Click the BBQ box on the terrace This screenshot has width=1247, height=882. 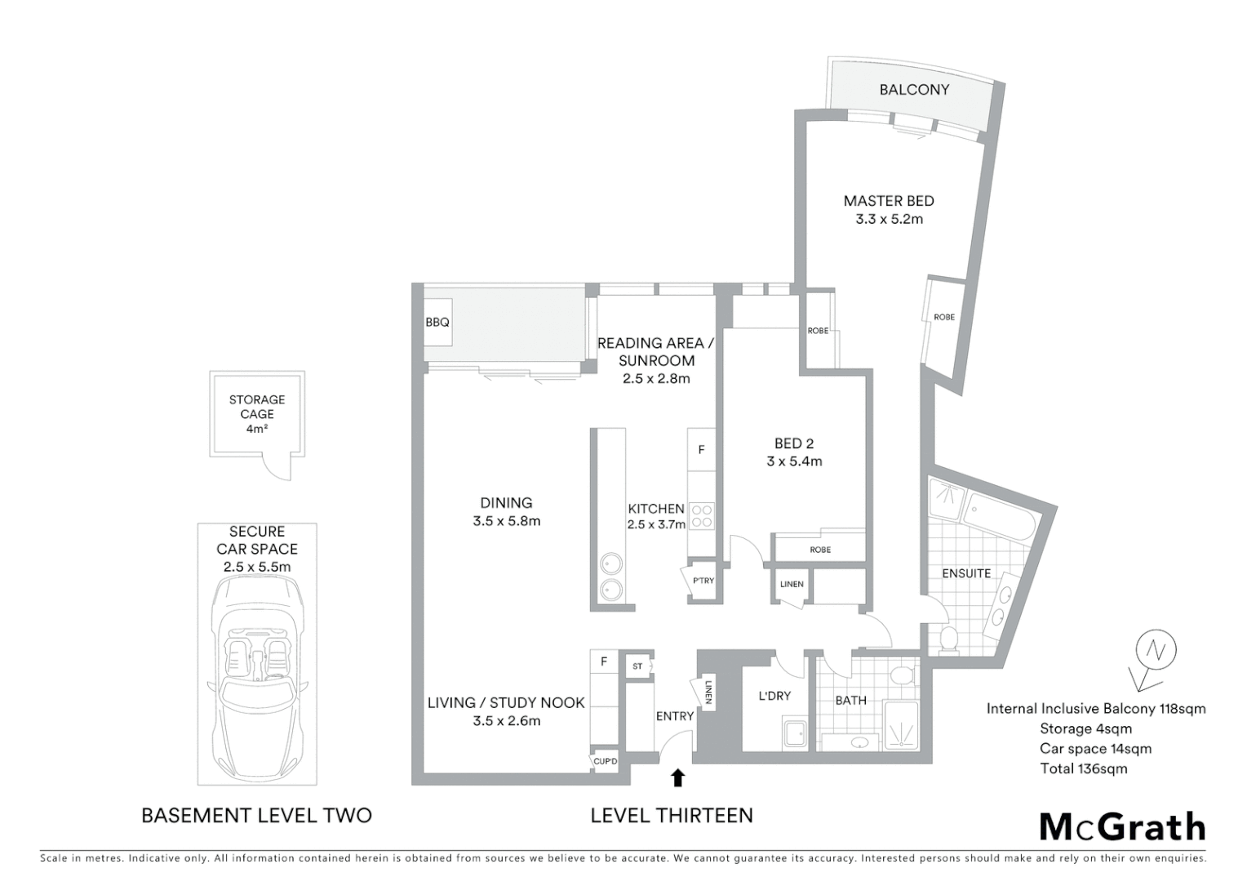click(437, 322)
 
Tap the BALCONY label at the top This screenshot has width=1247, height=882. click(914, 90)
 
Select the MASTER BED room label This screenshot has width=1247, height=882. click(889, 201)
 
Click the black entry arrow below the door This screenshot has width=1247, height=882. click(677, 777)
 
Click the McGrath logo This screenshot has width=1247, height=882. click(1122, 826)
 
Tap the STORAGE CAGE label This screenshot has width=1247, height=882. click(257, 407)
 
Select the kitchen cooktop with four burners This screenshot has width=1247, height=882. click(702, 516)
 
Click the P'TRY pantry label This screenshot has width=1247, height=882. click(703, 581)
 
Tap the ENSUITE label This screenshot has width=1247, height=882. click(966, 573)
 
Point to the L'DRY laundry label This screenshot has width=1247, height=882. click(774, 696)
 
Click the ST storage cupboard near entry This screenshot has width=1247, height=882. click(637, 666)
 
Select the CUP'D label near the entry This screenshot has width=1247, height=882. click(606, 761)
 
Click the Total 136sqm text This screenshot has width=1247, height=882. click(1083, 768)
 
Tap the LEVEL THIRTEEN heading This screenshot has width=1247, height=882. click(671, 815)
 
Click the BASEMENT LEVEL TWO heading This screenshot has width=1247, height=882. click(256, 815)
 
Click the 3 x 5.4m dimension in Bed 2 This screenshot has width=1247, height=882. click(794, 461)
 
